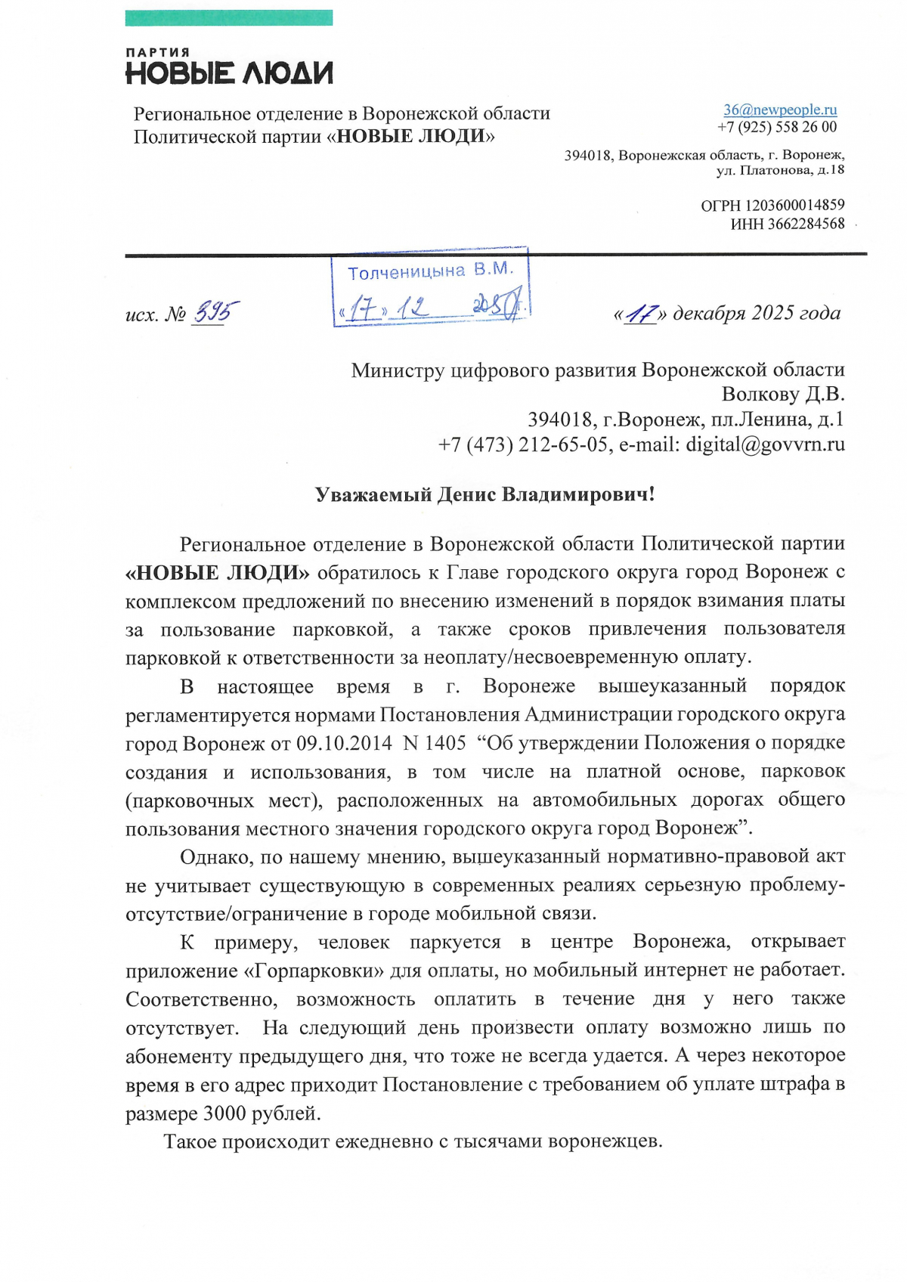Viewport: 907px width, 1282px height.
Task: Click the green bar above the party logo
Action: coord(228,17)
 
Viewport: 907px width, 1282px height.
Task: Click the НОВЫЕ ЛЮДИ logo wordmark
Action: coord(228,73)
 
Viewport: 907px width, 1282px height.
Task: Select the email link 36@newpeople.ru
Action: coord(779,110)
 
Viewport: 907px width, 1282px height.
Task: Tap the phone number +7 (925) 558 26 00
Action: coord(777,127)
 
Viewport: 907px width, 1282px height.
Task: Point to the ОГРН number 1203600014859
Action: coord(794,205)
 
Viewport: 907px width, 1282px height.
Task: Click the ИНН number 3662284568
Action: coord(806,224)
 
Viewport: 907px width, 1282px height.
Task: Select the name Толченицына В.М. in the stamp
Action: coord(430,271)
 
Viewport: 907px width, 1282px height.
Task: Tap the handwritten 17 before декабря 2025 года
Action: coord(642,314)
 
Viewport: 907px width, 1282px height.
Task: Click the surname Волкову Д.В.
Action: coord(783,394)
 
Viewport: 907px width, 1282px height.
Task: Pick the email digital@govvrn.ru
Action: coord(765,444)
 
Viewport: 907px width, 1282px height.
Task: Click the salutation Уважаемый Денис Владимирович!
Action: coord(484,494)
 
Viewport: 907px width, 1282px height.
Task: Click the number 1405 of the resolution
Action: coord(445,743)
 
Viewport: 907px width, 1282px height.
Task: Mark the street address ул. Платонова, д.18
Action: coord(780,170)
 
